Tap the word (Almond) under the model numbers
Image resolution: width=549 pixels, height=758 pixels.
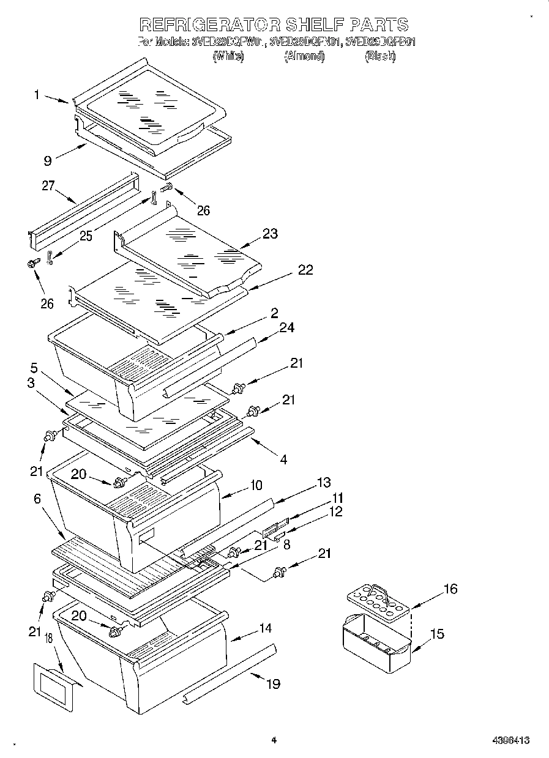click(304, 56)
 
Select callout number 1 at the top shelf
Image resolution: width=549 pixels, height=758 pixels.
click(37, 94)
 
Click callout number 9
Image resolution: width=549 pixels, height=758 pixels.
click(47, 162)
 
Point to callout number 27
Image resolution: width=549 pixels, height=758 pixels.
click(48, 186)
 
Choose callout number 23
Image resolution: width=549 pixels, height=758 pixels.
click(269, 233)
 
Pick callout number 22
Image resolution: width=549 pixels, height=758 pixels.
click(305, 270)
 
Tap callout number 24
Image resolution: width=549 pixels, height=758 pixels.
click(286, 327)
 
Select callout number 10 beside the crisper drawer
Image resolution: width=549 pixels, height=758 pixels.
click(255, 485)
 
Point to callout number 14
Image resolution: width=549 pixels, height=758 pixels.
click(265, 628)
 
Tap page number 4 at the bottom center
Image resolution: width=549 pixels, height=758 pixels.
click(274, 740)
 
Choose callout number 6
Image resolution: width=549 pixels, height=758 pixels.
click(37, 499)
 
